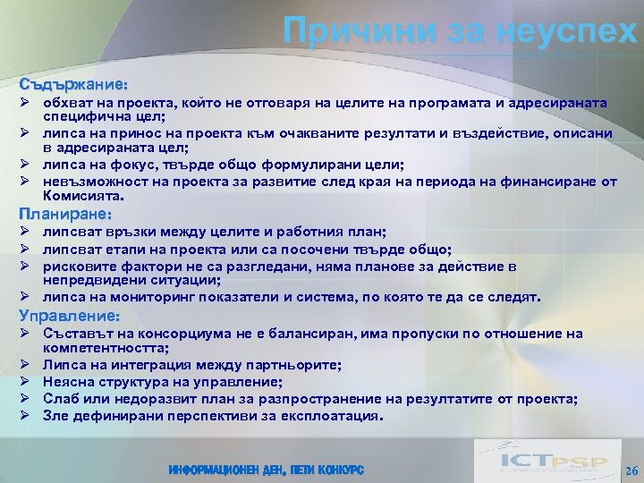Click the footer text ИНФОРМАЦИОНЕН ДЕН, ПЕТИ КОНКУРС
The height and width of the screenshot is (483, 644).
265,470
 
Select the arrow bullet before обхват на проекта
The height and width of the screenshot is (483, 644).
27,104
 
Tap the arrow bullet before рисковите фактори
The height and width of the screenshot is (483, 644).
27,267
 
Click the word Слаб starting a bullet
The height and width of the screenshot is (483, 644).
61,399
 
